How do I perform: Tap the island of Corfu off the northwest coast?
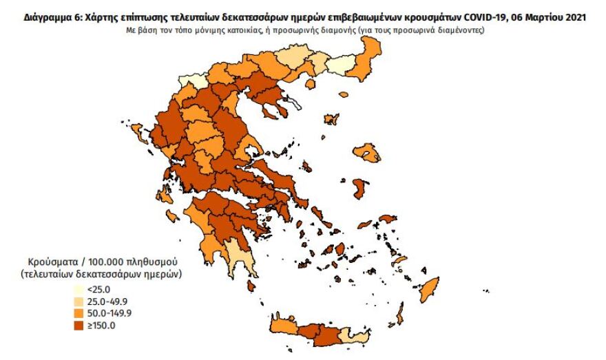[136, 131]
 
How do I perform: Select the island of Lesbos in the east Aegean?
[366, 152]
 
